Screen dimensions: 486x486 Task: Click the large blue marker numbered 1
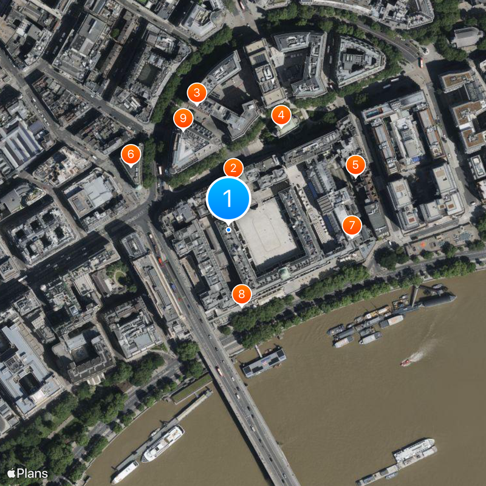[228, 198]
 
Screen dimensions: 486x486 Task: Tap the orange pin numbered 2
[233, 168]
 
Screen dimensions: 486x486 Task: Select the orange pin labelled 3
[196, 93]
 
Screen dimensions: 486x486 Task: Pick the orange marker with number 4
[280, 114]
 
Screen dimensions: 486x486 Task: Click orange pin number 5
[355, 164]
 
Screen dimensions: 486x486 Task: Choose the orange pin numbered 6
[129, 154]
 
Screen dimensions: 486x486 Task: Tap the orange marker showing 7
[351, 225]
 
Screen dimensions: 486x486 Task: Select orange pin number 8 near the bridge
[242, 295]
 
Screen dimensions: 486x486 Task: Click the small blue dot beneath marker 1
[228, 230]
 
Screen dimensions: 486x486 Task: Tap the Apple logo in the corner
[11, 473]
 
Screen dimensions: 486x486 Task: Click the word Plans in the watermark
[32, 473]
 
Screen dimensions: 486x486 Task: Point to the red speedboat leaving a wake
[405, 363]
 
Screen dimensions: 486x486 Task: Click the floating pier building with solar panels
[264, 362]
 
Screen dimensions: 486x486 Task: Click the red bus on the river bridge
[218, 370]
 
